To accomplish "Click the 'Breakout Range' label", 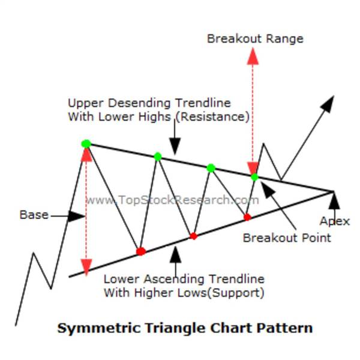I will [255, 39].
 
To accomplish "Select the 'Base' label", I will [34, 215].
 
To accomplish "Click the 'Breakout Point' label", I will [287, 238].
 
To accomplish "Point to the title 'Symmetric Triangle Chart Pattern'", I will [185, 328].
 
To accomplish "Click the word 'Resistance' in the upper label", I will [217, 116].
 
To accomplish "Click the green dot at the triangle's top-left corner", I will [86, 143].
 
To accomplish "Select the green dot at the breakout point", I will [254, 177].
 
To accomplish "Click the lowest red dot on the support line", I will [140, 251].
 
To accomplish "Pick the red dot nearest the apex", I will [247, 217].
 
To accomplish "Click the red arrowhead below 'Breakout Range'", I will [253, 56].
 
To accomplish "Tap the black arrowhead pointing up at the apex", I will [334, 199].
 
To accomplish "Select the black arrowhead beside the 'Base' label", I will [76, 216].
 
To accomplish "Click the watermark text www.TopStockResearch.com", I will [172, 200].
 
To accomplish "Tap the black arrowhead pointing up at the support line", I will [175, 256].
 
